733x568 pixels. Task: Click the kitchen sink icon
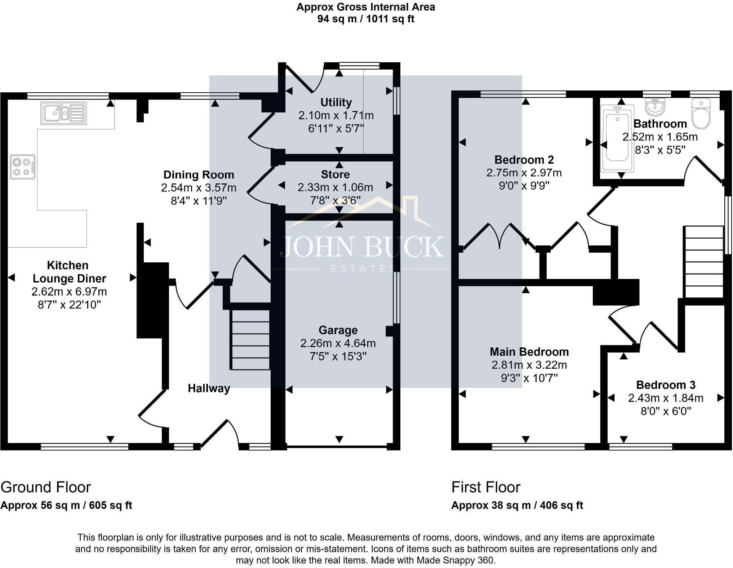[x=64, y=113]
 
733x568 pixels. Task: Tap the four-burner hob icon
[x=23, y=167]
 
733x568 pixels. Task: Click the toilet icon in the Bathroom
[x=701, y=114]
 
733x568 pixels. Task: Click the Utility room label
[x=336, y=102]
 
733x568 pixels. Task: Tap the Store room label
[x=335, y=174]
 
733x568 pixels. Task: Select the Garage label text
[x=338, y=330]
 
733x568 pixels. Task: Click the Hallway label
[x=209, y=388]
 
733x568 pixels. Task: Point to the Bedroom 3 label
[x=666, y=385]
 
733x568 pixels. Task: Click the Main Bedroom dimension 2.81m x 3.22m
[x=529, y=365]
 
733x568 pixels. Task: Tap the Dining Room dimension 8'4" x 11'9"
[x=199, y=201]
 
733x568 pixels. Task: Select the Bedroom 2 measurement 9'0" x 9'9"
[x=524, y=186]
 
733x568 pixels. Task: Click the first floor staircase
[x=703, y=262]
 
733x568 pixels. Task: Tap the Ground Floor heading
[x=46, y=487]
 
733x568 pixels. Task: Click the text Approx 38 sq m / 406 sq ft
[x=517, y=505]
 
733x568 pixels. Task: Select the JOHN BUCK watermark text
[x=362, y=247]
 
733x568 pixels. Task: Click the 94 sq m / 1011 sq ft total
[x=365, y=19]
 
